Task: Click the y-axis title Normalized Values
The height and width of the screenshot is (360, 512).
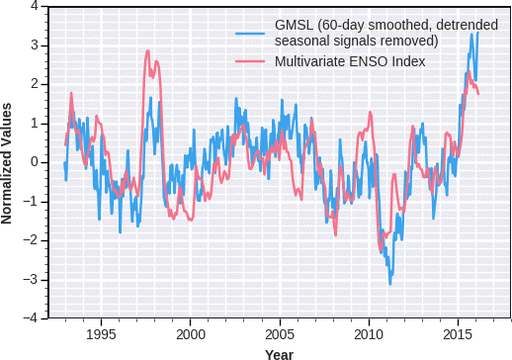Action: click(8, 162)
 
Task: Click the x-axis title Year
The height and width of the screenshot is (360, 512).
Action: click(279, 352)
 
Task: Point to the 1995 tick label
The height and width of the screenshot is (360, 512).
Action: click(101, 333)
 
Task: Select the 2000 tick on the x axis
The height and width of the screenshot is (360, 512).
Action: click(190, 333)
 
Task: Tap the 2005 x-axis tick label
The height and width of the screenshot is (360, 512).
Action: click(279, 333)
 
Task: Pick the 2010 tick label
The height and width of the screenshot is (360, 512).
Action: click(369, 333)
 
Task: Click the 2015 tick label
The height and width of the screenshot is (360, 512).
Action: click(458, 333)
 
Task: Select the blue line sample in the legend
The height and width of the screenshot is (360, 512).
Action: click(251, 33)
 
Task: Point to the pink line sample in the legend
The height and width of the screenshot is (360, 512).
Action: click(251, 62)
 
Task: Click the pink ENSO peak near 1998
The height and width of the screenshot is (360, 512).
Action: click(147, 51)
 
